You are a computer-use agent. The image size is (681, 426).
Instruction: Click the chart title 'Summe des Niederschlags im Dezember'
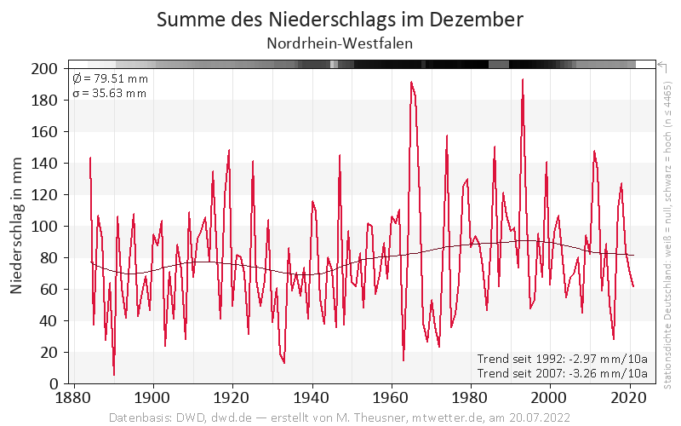click(340, 19)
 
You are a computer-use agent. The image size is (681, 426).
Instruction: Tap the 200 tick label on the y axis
click(44, 69)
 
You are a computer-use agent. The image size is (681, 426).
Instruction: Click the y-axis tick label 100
click(44, 227)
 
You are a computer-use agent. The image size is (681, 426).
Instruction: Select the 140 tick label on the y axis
click(44, 164)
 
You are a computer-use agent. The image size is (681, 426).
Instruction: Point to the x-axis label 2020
click(629, 398)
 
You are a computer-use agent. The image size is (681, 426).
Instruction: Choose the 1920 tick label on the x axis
click(232, 398)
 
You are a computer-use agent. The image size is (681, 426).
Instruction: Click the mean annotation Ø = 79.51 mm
click(110, 79)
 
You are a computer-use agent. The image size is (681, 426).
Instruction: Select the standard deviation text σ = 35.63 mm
click(110, 93)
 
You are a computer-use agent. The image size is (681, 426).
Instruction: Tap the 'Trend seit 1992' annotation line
click(563, 359)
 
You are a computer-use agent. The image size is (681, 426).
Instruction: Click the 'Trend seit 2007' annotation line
click(563, 373)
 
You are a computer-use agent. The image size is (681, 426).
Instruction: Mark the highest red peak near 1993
click(523, 80)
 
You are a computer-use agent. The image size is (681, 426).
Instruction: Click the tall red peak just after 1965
click(411, 83)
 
